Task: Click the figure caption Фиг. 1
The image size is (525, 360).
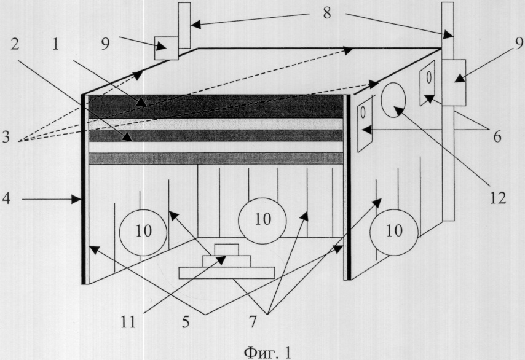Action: point(267,352)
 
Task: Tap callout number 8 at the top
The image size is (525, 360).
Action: point(327,13)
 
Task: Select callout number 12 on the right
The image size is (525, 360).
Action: point(498,198)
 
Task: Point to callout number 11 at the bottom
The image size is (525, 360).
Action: point(128,322)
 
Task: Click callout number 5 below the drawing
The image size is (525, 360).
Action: point(186,322)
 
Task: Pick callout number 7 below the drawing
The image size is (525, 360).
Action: point(253,322)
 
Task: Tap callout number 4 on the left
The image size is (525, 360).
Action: point(6,198)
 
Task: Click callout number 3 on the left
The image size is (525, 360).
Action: point(6,137)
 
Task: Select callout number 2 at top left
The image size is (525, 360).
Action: point(15,44)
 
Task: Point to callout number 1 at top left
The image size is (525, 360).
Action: point(55,44)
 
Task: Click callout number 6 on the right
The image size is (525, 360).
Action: point(497,136)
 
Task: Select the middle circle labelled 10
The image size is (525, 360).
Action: point(262,221)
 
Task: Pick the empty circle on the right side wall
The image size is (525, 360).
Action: point(393,100)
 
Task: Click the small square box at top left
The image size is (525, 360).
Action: point(166,48)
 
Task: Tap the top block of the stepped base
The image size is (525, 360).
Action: point(227,249)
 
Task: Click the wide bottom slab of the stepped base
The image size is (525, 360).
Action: point(227,273)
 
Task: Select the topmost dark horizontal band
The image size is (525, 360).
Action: point(216,106)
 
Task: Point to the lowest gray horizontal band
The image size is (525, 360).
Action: point(216,158)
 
